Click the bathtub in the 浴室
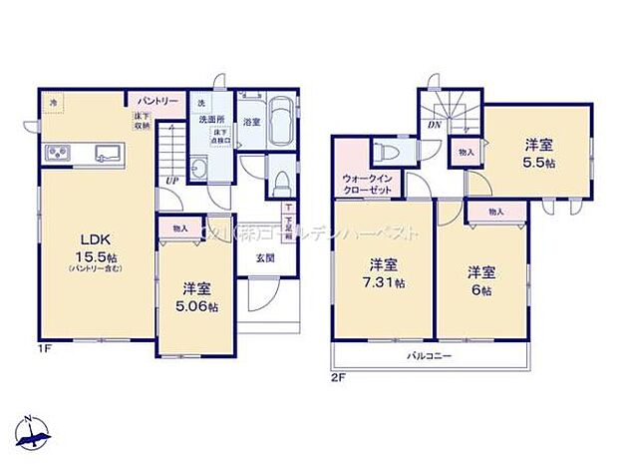[279, 122]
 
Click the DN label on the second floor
[435, 125]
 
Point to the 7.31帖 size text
[384, 283]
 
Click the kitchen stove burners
[56, 153]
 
